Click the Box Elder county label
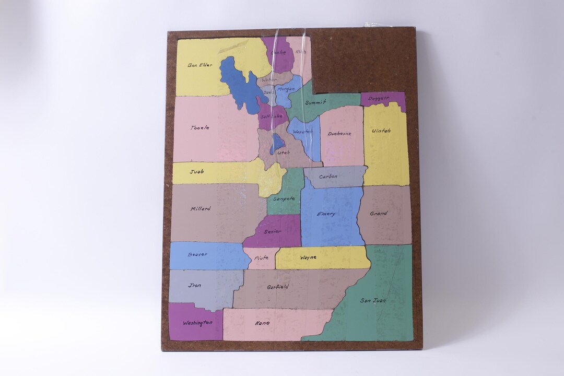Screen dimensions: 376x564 coord(200,65)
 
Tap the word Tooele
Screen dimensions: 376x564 coord(200,127)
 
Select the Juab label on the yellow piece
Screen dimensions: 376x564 coord(196,171)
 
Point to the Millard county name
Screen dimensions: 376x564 coord(201,209)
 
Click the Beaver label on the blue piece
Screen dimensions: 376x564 coord(197,255)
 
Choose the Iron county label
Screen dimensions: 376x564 coord(195,286)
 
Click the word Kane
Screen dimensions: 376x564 coord(262,323)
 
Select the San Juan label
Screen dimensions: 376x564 coord(373,300)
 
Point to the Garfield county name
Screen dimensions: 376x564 coord(278,287)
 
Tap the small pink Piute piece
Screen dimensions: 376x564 coord(261,258)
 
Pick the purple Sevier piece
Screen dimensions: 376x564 coord(272,231)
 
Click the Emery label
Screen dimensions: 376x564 coord(326,214)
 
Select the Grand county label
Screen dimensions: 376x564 coord(379,214)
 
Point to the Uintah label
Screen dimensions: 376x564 coord(381,131)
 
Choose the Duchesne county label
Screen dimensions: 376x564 coord(339,134)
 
